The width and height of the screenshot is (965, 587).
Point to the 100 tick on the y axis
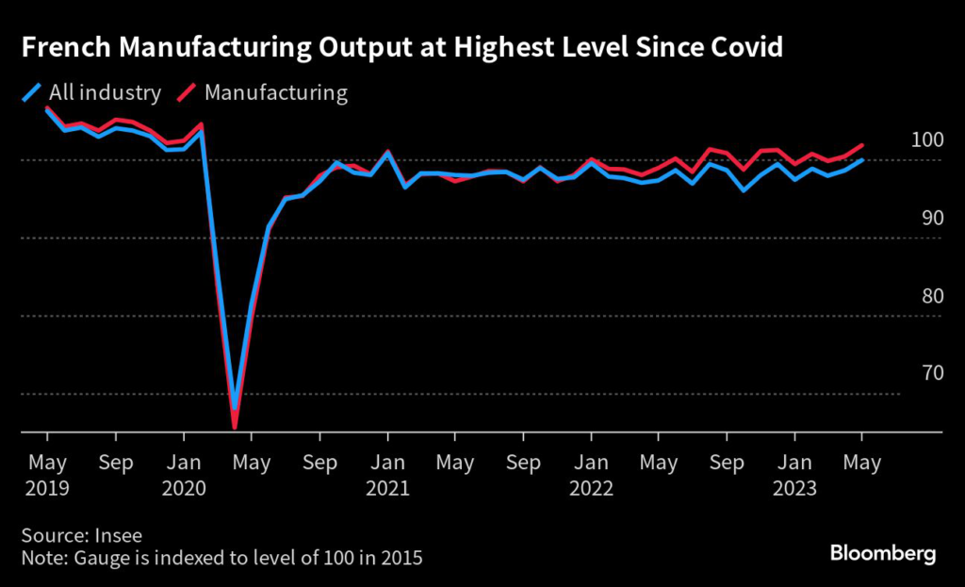point(927,139)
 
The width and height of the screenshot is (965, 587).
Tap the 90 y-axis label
point(931,218)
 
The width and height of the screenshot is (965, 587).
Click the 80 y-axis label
point(931,295)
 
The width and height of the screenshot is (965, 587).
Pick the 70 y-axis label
point(931,372)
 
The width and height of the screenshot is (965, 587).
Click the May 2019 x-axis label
point(47,476)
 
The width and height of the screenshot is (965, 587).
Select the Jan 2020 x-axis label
point(183,476)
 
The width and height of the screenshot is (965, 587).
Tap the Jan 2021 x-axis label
point(386,476)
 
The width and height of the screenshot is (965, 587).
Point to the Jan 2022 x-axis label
point(591,476)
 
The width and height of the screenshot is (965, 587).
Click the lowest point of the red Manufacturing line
point(234,428)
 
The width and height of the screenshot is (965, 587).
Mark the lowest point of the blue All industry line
point(234,410)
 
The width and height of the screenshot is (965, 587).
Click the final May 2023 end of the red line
point(862,145)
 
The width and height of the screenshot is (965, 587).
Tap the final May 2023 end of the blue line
point(862,160)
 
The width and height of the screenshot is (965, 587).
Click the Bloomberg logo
point(882,553)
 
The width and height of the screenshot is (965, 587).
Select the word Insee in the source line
point(120,535)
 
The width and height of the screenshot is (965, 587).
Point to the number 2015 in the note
point(401,558)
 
